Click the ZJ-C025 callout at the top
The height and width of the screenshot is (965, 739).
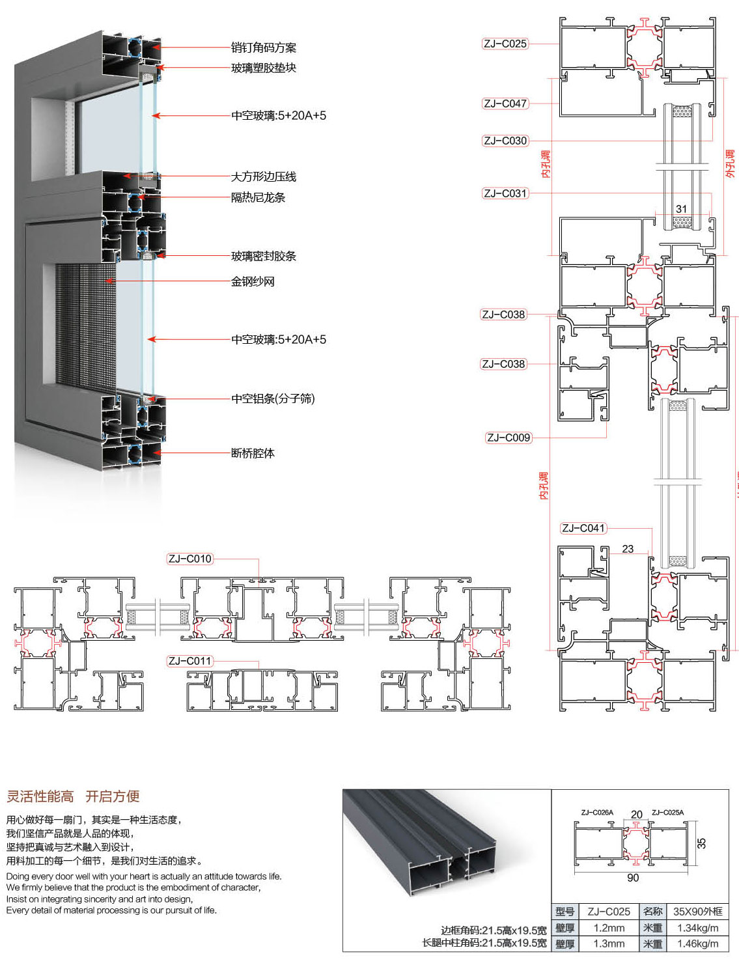(505, 44)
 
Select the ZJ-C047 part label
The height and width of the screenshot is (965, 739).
(505, 104)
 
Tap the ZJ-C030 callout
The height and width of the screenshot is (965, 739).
(505, 141)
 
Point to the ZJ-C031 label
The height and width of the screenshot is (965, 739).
(505, 193)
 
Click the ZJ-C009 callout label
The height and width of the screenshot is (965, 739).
(509, 438)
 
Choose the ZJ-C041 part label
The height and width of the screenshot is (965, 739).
(583, 528)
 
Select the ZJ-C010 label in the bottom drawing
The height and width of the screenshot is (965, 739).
(189, 559)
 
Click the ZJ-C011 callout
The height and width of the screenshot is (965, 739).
(189, 661)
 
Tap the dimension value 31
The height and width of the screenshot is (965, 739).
(681, 209)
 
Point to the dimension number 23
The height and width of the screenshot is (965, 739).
(628, 549)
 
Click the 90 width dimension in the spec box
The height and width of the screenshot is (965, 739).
(633, 878)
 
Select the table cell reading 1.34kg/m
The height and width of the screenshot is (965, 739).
(697, 928)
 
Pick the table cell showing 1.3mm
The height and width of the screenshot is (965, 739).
(609, 944)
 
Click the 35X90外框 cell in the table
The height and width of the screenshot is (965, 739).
(697, 912)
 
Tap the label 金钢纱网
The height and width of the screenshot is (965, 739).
(253, 281)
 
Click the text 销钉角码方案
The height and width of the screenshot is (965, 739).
(264, 48)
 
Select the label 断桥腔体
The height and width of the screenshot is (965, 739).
(253, 453)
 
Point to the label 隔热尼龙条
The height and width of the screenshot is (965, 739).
(258, 197)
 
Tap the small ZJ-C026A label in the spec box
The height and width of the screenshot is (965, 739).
(597, 813)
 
